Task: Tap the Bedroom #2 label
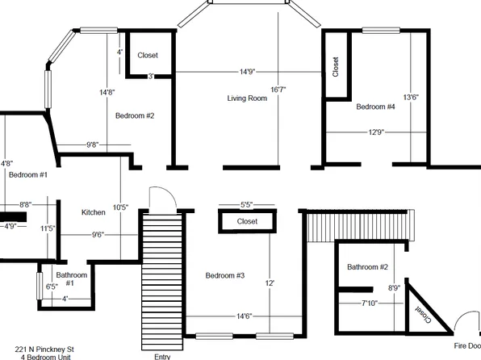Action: click(134, 115)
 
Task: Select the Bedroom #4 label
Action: click(375, 107)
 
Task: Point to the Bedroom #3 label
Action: click(224, 276)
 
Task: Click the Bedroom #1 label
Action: click(28, 174)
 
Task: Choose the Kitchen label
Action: click(94, 212)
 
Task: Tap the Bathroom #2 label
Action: click(368, 267)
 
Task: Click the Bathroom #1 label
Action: click(70, 278)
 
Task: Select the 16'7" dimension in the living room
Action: click(278, 90)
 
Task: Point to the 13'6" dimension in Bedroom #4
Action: click(410, 97)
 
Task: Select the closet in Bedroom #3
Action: click(247, 221)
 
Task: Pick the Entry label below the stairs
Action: click(161, 355)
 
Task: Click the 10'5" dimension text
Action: click(120, 207)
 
